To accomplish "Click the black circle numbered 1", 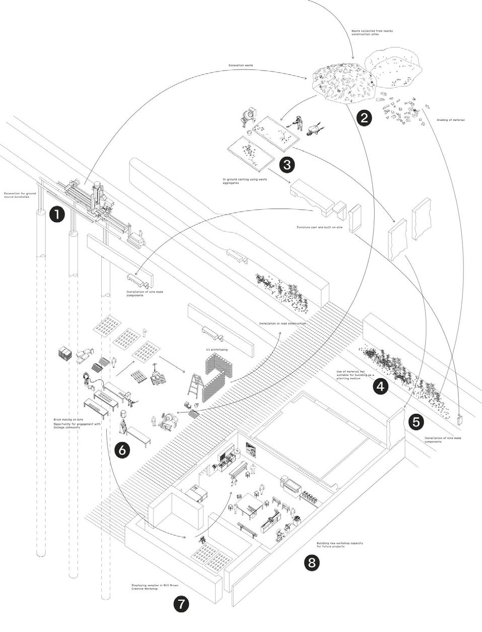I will [x=57, y=214].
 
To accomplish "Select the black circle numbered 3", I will [x=287, y=164].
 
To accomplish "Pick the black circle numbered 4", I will [x=380, y=387].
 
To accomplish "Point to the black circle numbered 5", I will [x=416, y=421].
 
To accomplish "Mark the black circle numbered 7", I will [x=182, y=604].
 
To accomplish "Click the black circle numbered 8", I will [x=312, y=562].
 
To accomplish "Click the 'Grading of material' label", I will [x=450, y=120].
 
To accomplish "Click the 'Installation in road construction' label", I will [x=283, y=323].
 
